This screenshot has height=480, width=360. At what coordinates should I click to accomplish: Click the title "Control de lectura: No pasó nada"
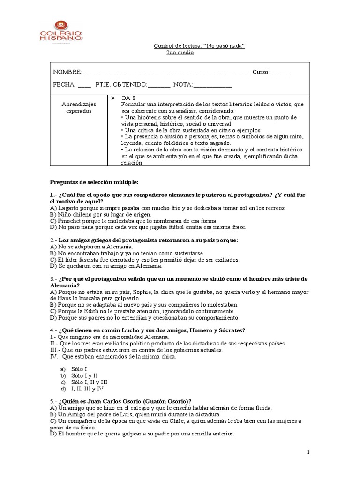pyautogui.click(x=200, y=45)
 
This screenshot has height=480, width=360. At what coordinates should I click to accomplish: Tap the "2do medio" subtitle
pyautogui.click(x=180, y=52)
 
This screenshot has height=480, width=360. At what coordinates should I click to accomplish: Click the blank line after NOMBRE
pyautogui.click(x=166, y=72)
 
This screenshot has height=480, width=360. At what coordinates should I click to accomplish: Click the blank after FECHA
pyautogui.click(x=84, y=85)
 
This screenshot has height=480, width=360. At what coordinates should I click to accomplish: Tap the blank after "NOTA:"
pyautogui.click(x=212, y=85)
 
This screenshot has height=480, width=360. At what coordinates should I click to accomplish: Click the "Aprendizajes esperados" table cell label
pyautogui.click(x=79, y=107)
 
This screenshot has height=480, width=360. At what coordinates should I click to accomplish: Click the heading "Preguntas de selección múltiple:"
pyautogui.click(x=94, y=181)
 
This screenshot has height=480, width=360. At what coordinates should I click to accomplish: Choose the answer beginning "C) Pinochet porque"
pyautogui.click(x=133, y=221)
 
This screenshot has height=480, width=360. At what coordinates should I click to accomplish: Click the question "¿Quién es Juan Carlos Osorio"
pyautogui.click(x=124, y=401)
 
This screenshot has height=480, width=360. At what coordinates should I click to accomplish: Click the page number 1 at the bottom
pyautogui.click(x=308, y=452)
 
